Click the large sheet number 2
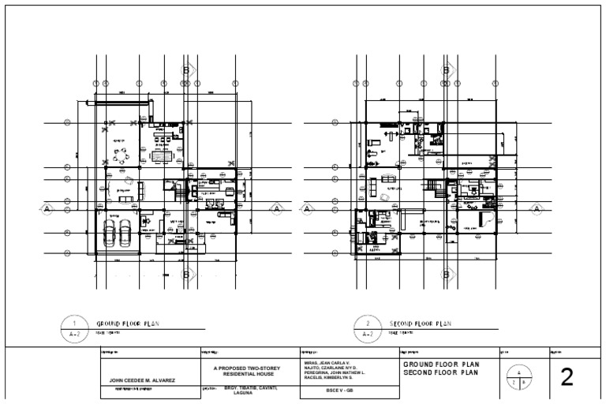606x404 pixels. pos(566,377)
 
